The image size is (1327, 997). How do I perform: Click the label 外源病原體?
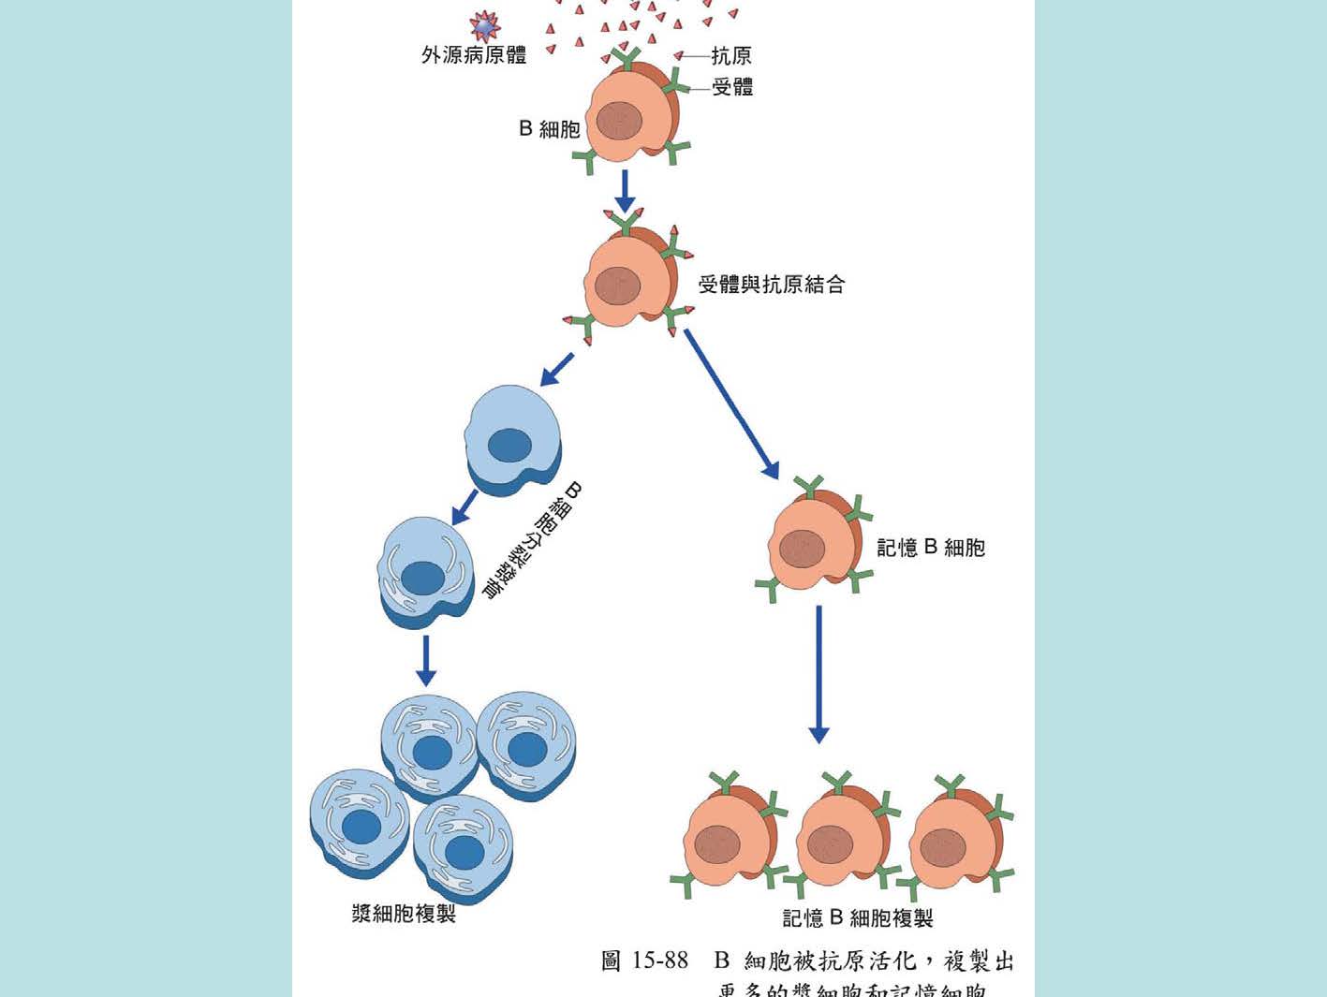[473, 55]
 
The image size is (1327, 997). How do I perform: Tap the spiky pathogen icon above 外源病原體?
[484, 26]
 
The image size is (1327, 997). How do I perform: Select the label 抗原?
[730, 56]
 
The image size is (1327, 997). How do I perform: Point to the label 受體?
[732, 88]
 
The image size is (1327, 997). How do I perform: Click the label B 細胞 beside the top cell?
[550, 129]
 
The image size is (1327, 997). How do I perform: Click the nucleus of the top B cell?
[619, 120]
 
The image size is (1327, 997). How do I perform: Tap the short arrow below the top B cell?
[625, 191]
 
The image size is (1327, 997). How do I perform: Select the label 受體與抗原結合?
[772, 285]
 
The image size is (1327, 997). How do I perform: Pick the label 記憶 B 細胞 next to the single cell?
[930, 548]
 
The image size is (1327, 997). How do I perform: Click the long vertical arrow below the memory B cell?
[818, 673]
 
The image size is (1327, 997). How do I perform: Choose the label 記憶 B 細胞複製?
[858, 918]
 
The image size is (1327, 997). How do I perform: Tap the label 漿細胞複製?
[404, 914]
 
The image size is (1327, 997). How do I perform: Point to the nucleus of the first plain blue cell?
[509, 446]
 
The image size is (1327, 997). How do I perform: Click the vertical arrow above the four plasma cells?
[426, 660]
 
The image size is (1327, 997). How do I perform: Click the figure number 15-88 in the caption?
[660, 960]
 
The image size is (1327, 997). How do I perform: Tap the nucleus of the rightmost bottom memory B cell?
[942, 848]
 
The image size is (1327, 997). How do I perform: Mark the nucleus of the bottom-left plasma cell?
[361, 828]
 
